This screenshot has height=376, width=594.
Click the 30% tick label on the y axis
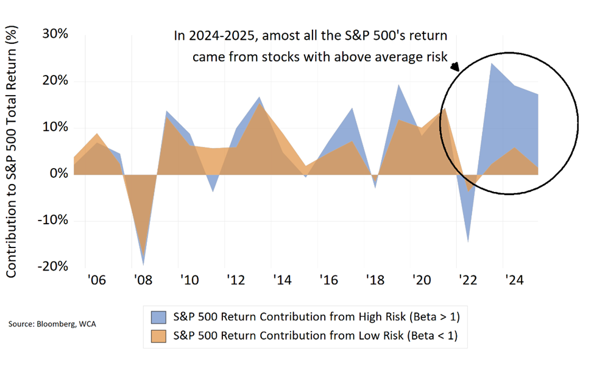click(54, 34)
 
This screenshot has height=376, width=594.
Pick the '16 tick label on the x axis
click(329, 281)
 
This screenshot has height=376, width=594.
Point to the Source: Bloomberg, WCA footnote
click(52, 324)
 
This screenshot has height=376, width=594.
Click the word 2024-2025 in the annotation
click(220, 37)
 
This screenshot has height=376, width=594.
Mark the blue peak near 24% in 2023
click(492, 63)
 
